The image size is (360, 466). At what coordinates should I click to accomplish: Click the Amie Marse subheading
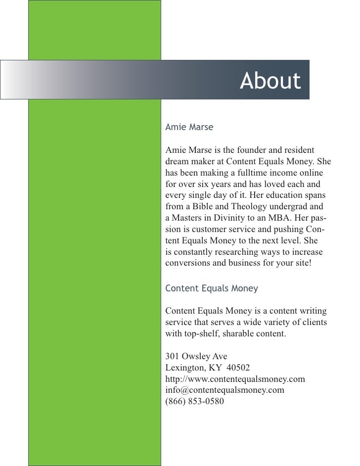tap(189, 127)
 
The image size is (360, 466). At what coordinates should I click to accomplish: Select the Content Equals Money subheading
tap(212, 288)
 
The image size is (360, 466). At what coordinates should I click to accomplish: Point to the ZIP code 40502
tap(238, 368)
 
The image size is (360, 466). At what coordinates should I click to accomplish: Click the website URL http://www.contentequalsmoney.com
tap(235, 379)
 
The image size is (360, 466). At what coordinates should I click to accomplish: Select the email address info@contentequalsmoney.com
tap(225, 390)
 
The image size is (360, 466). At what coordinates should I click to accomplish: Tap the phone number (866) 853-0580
tap(194, 402)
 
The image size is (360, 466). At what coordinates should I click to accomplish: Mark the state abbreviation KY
tap(216, 368)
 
